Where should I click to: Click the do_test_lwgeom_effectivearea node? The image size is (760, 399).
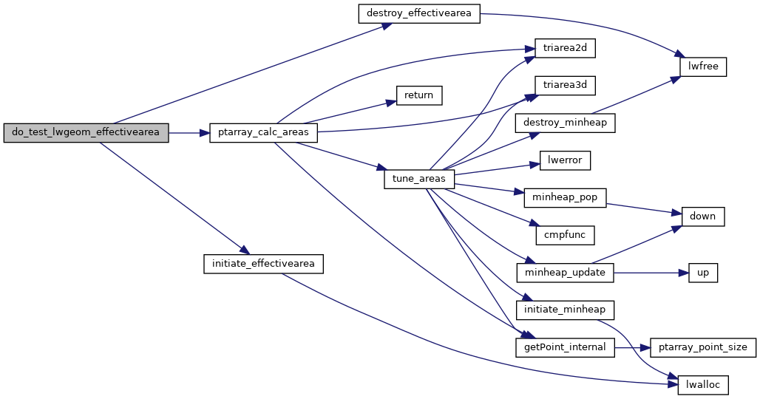click(x=86, y=133)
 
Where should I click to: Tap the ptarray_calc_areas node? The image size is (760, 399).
click(x=264, y=133)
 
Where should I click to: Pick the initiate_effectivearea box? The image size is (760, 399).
click(x=263, y=264)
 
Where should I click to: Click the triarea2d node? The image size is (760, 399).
click(x=564, y=49)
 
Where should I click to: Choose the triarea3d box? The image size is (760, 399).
click(x=564, y=85)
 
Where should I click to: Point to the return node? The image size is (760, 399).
click(x=419, y=95)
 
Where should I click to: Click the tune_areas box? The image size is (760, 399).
click(x=419, y=180)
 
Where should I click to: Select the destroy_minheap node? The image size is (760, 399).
click(x=565, y=123)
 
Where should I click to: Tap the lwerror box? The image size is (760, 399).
click(x=565, y=160)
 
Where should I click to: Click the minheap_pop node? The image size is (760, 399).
click(x=565, y=198)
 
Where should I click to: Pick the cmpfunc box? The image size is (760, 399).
click(x=565, y=235)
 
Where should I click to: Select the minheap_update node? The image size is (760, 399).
click(x=565, y=273)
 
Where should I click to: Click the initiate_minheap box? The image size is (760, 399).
click(x=565, y=310)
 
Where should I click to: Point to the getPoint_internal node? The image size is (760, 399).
click(x=565, y=347)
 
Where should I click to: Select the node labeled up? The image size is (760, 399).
click(x=703, y=273)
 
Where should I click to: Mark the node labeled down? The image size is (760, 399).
click(x=703, y=216)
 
